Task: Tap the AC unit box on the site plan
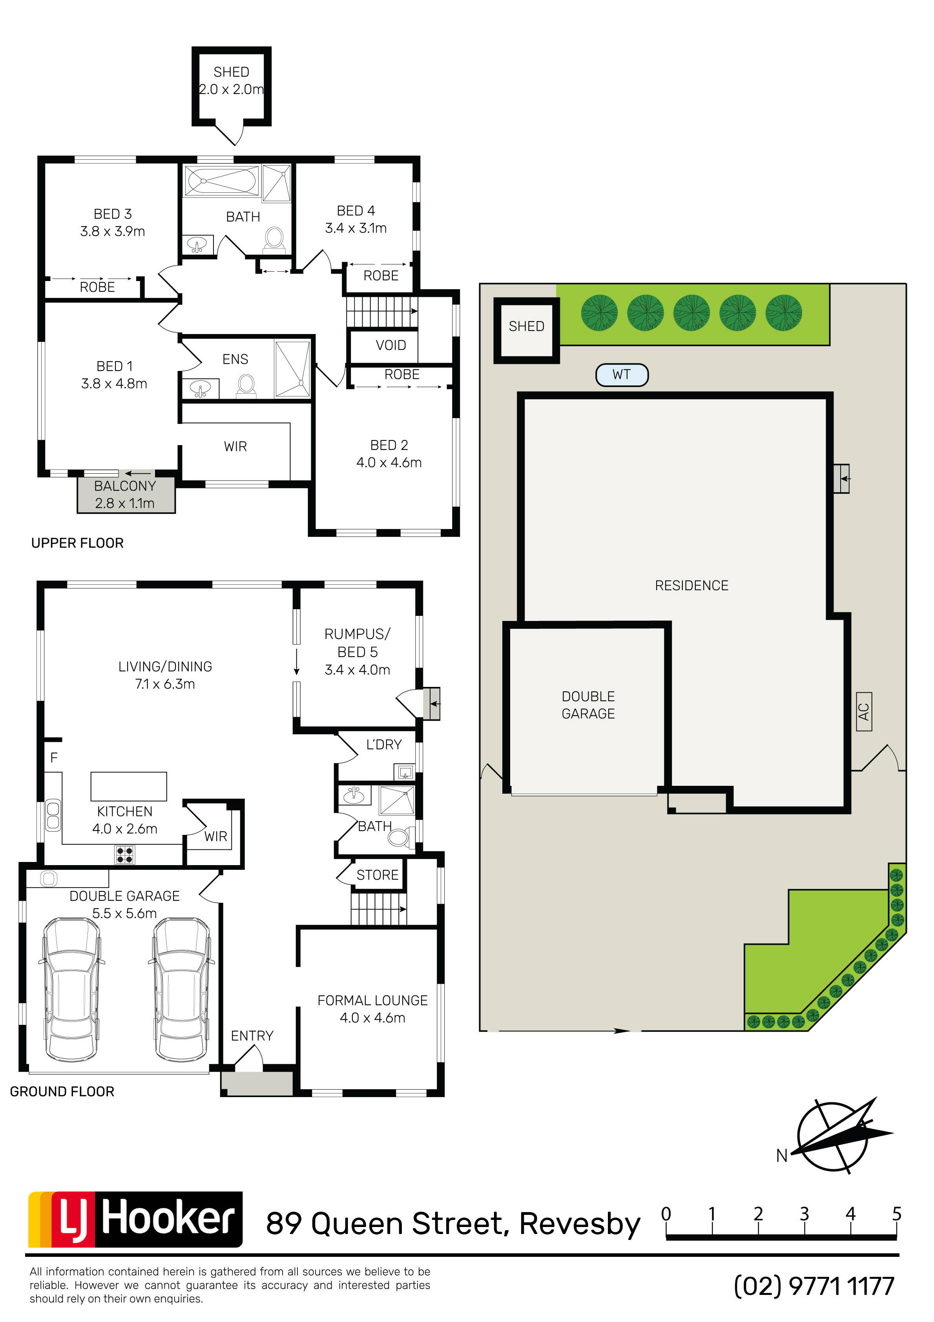pyautogui.click(x=864, y=712)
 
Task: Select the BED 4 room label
pyautogui.click(x=356, y=211)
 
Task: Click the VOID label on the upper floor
pyautogui.click(x=391, y=345)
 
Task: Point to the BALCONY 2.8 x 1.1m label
pyautogui.click(x=125, y=495)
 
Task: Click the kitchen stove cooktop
pyautogui.click(x=125, y=855)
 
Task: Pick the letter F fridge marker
pyautogui.click(x=54, y=758)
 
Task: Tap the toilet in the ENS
pyautogui.click(x=246, y=386)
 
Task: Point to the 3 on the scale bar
pyautogui.click(x=804, y=1214)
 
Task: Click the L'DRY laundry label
pyautogui.click(x=384, y=745)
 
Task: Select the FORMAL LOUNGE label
pyautogui.click(x=372, y=1001)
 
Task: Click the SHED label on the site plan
pyautogui.click(x=526, y=327)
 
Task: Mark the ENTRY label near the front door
pyautogui.click(x=252, y=1036)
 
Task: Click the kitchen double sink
pyautogui.click(x=53, y=815)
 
